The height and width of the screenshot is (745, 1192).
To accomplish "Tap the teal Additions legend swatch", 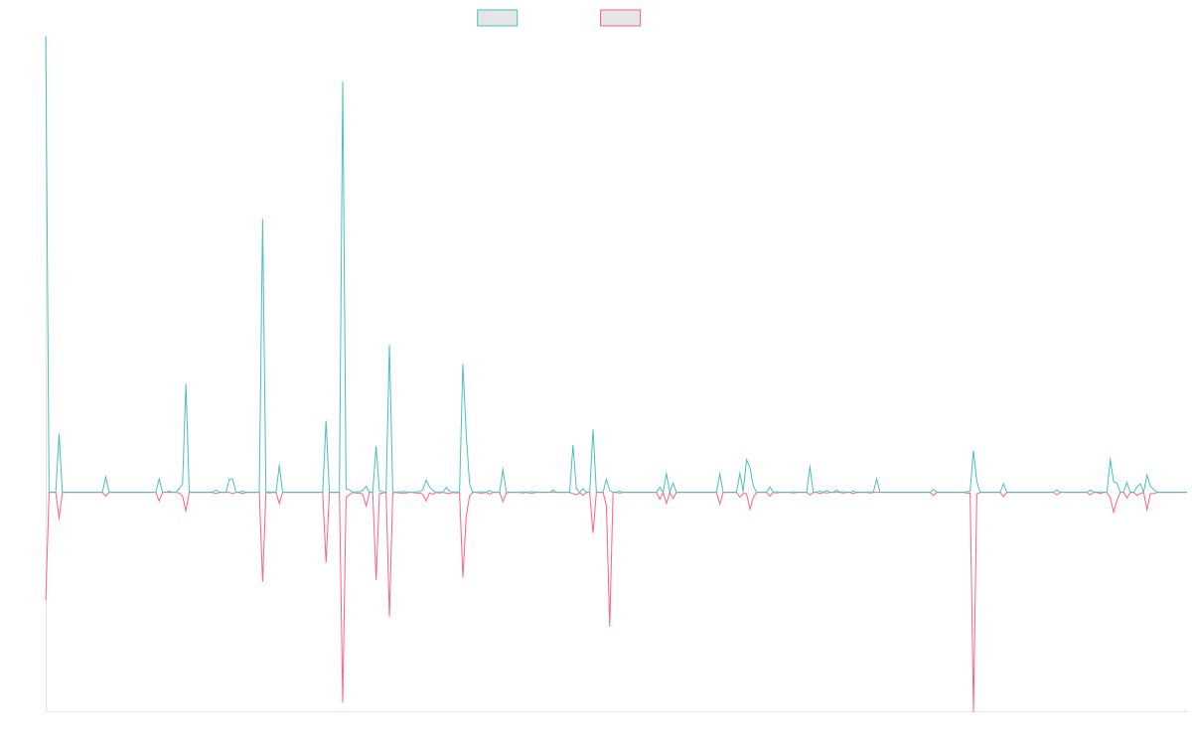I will (498, 18).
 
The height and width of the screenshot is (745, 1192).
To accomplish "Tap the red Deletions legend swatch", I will (621, 18).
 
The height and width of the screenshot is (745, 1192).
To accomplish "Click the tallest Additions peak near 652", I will (343, 81).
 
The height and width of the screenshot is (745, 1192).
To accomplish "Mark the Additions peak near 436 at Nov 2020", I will (261, 220).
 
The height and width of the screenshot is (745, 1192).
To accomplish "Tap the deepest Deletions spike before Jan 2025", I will (973, 709).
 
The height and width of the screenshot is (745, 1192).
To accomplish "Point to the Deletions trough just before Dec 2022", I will (610, 627).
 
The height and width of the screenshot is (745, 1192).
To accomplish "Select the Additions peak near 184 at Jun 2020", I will (186, 383).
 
